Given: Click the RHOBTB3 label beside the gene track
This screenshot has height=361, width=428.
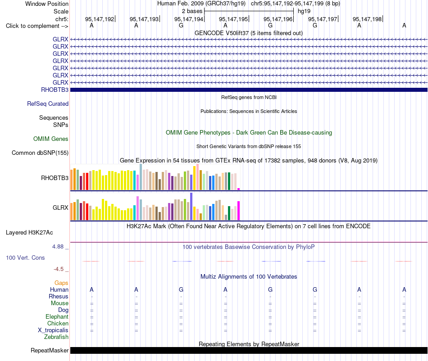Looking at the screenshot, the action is coord(55,90).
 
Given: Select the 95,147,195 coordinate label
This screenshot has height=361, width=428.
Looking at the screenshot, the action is coord(233,19).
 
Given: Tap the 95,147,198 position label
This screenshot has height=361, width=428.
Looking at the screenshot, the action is coord(367,19).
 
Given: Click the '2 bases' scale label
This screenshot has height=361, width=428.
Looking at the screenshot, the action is coord(192,11).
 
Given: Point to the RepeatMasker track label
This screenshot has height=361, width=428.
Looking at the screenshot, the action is coord(50,350).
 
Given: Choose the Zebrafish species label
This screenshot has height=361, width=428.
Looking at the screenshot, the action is coord(56,337).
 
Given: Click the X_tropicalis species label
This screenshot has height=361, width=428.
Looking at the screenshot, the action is coord(53,330).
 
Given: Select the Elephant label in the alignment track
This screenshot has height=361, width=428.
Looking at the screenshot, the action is coord(57,316).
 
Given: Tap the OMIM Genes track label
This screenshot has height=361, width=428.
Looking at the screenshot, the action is coord(51,139).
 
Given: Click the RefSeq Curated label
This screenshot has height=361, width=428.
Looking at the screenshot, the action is coord(48,104).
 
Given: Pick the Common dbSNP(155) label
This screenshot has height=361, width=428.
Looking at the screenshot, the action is coord(40,153).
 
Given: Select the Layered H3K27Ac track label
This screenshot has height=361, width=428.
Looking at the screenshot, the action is coord(29,233).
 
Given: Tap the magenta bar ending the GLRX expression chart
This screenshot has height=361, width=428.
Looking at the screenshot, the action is coord(239,211).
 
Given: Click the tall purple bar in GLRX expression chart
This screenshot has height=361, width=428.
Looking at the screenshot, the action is coord(191,207).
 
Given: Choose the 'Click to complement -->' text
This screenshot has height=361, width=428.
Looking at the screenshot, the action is coord(37,26).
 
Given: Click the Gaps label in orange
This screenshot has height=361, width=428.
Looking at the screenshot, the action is coord(61,283).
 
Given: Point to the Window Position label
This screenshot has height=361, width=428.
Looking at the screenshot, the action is coord(47,4).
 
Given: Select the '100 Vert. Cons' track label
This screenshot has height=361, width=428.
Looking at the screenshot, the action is coord(25,257).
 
